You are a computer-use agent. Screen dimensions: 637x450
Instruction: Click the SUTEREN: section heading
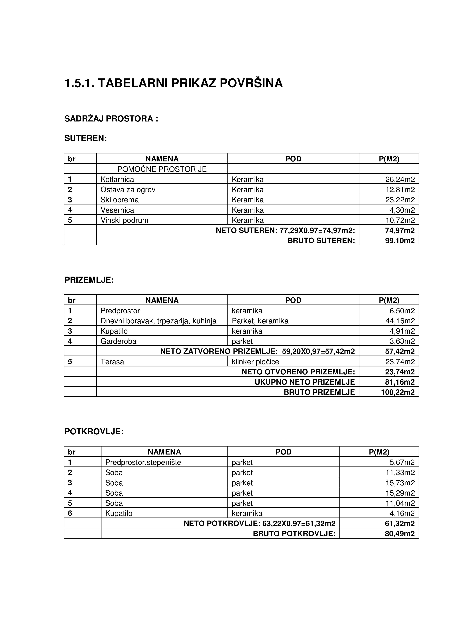85,138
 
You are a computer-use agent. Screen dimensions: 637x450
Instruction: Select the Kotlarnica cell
117,180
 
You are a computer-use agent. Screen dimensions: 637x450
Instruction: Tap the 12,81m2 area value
400,190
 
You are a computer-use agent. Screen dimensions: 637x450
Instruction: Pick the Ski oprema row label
119,200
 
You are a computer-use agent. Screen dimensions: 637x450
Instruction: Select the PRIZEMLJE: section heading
89,280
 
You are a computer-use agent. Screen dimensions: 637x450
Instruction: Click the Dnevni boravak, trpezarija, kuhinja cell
158,321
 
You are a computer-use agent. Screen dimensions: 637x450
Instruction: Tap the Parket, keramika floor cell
260,321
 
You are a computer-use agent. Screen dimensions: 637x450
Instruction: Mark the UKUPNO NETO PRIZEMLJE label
305,382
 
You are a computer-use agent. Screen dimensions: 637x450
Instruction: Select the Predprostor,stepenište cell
143,462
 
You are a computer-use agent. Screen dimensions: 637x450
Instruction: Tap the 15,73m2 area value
400,483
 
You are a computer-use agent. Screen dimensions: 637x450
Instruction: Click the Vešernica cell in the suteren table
117,210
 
